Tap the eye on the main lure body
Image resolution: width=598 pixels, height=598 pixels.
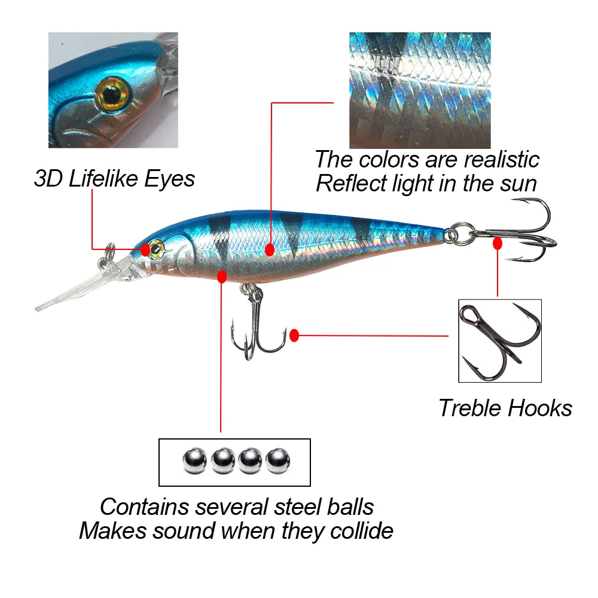(x=157, y=246)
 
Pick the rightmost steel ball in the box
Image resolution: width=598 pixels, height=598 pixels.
(x=277, y=461)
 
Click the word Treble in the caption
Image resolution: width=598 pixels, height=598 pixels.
(x=470, y=408)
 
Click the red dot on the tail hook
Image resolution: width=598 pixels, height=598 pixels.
(x=497, y=243)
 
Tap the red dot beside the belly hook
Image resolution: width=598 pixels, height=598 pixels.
(x=294, y=335)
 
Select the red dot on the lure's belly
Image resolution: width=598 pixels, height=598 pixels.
(x=222, y=276)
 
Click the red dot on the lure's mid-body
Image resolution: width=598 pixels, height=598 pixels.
(x=270, y=249)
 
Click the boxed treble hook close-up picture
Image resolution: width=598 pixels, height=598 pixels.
(x=500, y=341)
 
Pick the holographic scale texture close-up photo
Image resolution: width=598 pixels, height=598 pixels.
(x=419, y=90)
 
